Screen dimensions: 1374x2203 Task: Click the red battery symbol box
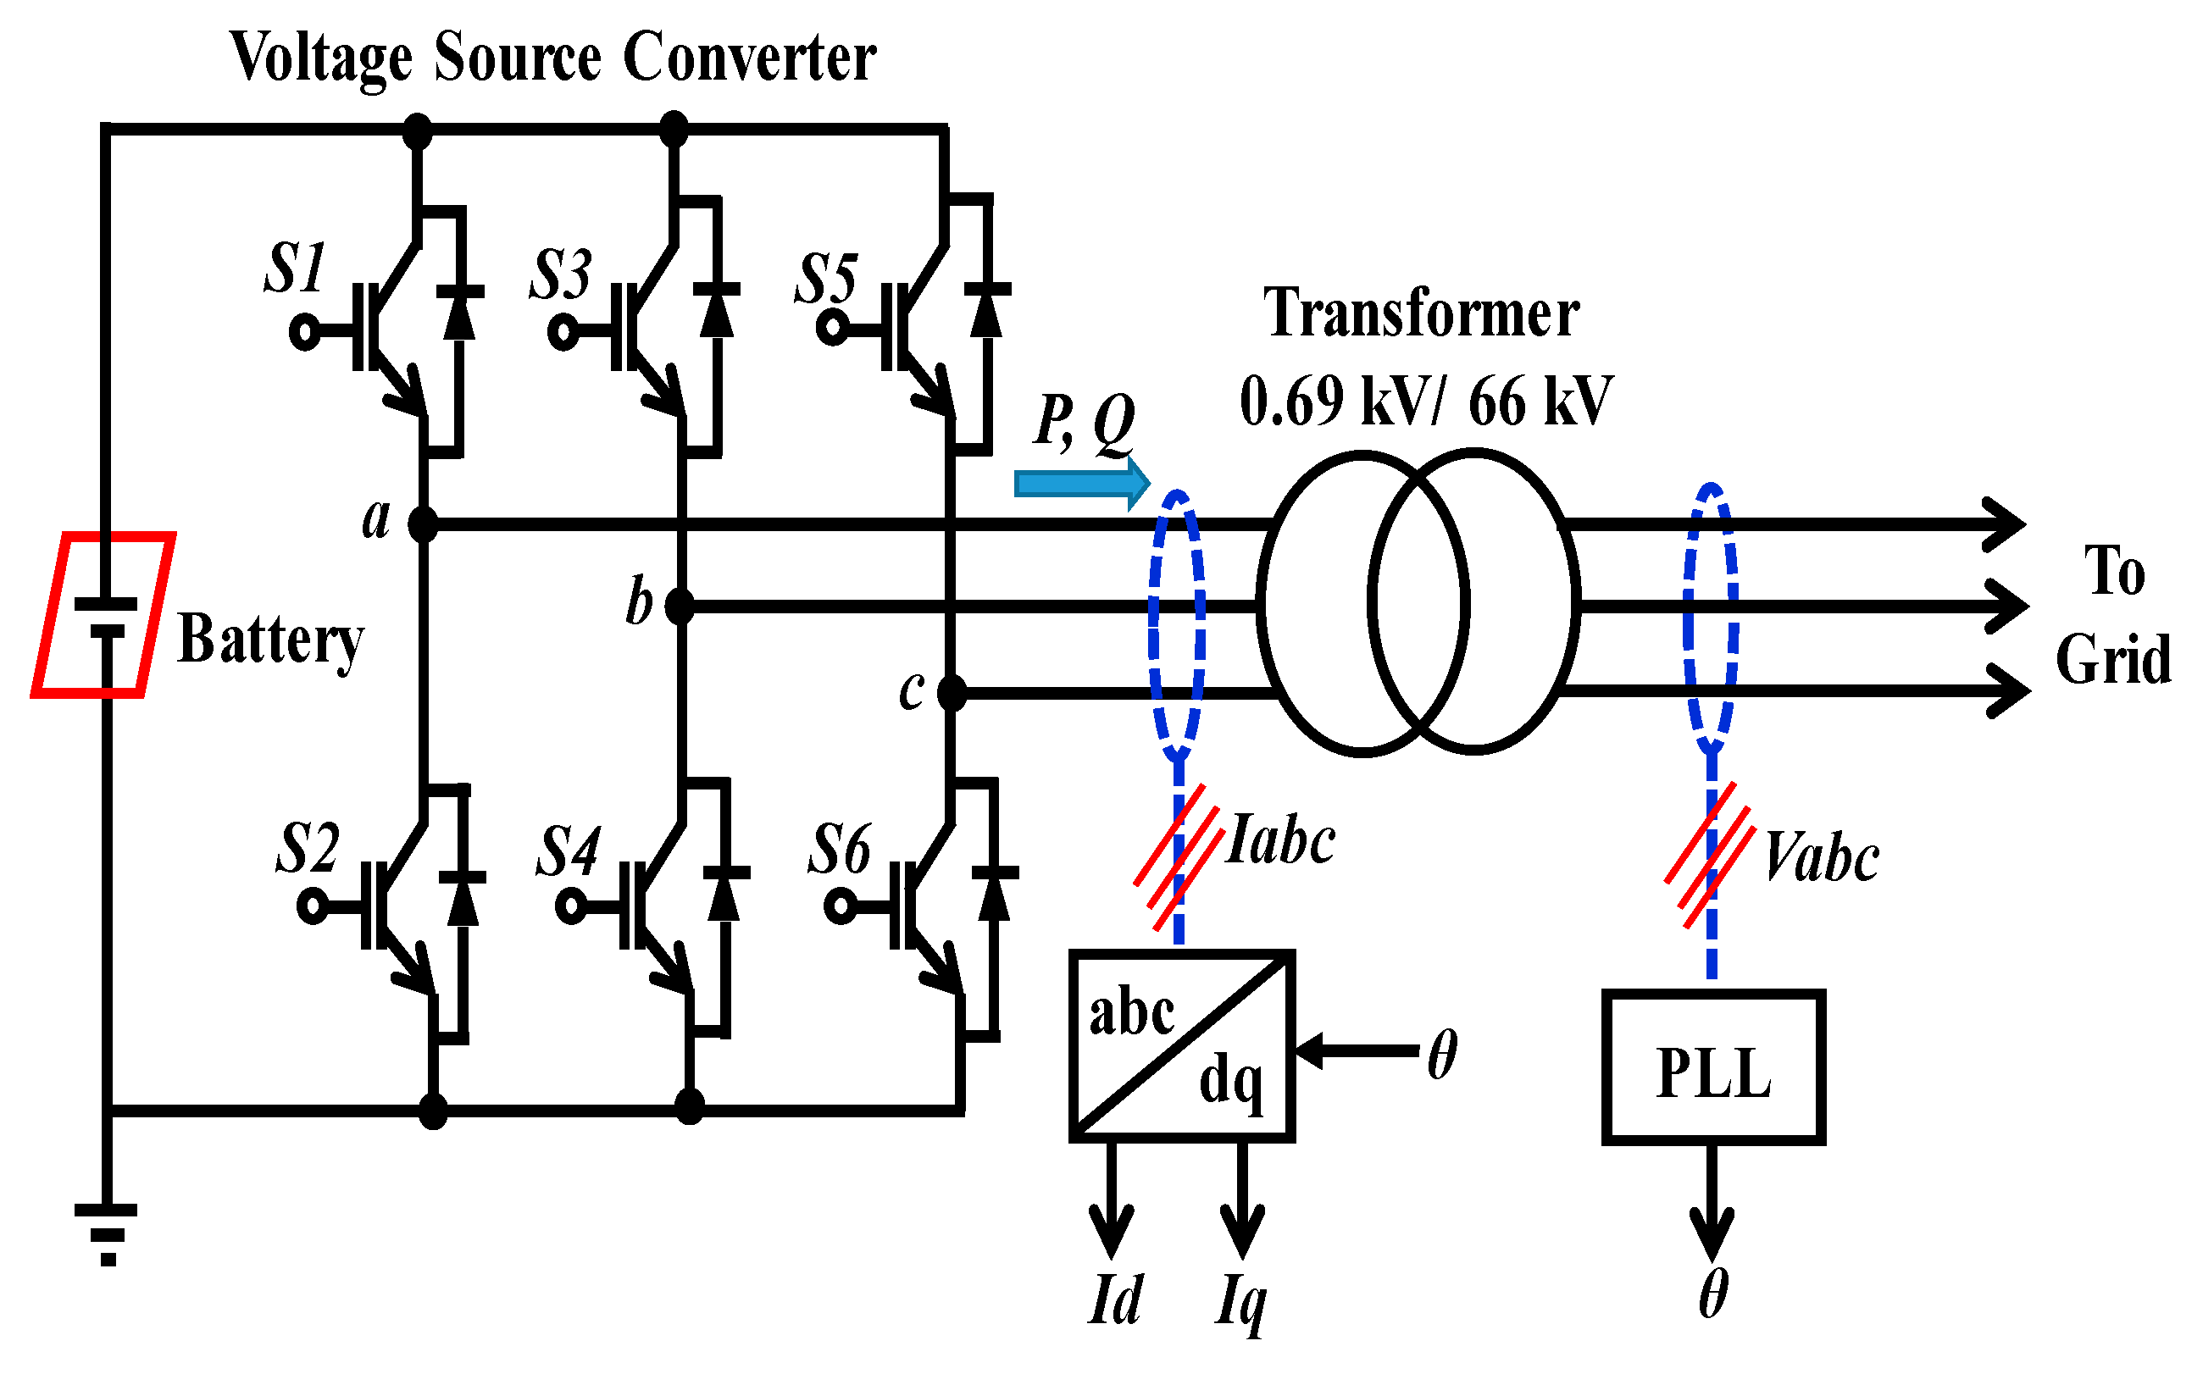pos(103,615)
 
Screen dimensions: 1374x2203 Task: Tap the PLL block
pos(1713,1067)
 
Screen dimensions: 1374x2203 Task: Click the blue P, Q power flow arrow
pos(1081,484)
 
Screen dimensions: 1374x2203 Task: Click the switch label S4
pos(568,851)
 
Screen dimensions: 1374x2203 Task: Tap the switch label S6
pos(839,850)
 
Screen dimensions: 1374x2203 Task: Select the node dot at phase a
pos(423,524)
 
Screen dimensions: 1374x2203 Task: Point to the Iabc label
pos(1279,840)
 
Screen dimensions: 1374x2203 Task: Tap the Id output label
pos(1115,1300)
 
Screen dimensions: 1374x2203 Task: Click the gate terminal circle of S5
pos(831,327)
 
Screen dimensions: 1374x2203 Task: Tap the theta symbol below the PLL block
pos(1713,1294)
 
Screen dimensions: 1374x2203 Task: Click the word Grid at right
pos(2113,659)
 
